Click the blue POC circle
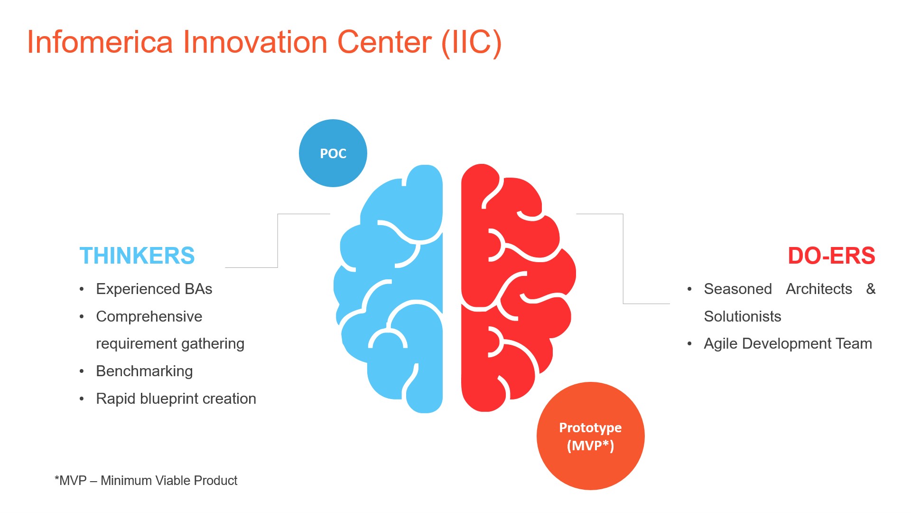tap(333, 153)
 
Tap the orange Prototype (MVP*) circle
tap(590, 436)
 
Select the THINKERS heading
tap(137, 256)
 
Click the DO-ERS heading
tap(831, 256)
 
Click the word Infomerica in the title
tap(100, 42)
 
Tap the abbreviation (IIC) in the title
tap(471, 42)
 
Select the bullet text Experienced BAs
tap(154, 289)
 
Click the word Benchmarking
tap(144, 371)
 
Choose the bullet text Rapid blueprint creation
tap(176, 399)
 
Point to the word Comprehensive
tap(149, 316)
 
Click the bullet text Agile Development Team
tap(788, 343)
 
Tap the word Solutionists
tap(742, 316)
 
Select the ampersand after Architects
tap(871, 289)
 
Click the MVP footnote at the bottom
tap(146, 481)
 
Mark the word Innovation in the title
tap(255, 42)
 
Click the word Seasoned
tap(738, 289)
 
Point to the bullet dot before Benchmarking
tap(82, 371)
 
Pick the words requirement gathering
tap(170, 343)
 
